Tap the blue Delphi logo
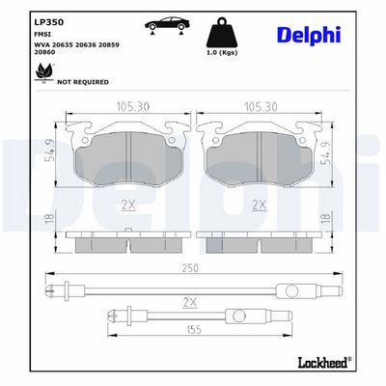coord(309,35)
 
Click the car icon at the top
coord(167,25)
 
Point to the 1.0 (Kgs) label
coord(222,52)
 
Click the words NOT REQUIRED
coord(83,82)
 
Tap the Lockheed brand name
coord(323,363)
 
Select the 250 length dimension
coord(190,268)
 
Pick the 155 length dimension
coord(194,329)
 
